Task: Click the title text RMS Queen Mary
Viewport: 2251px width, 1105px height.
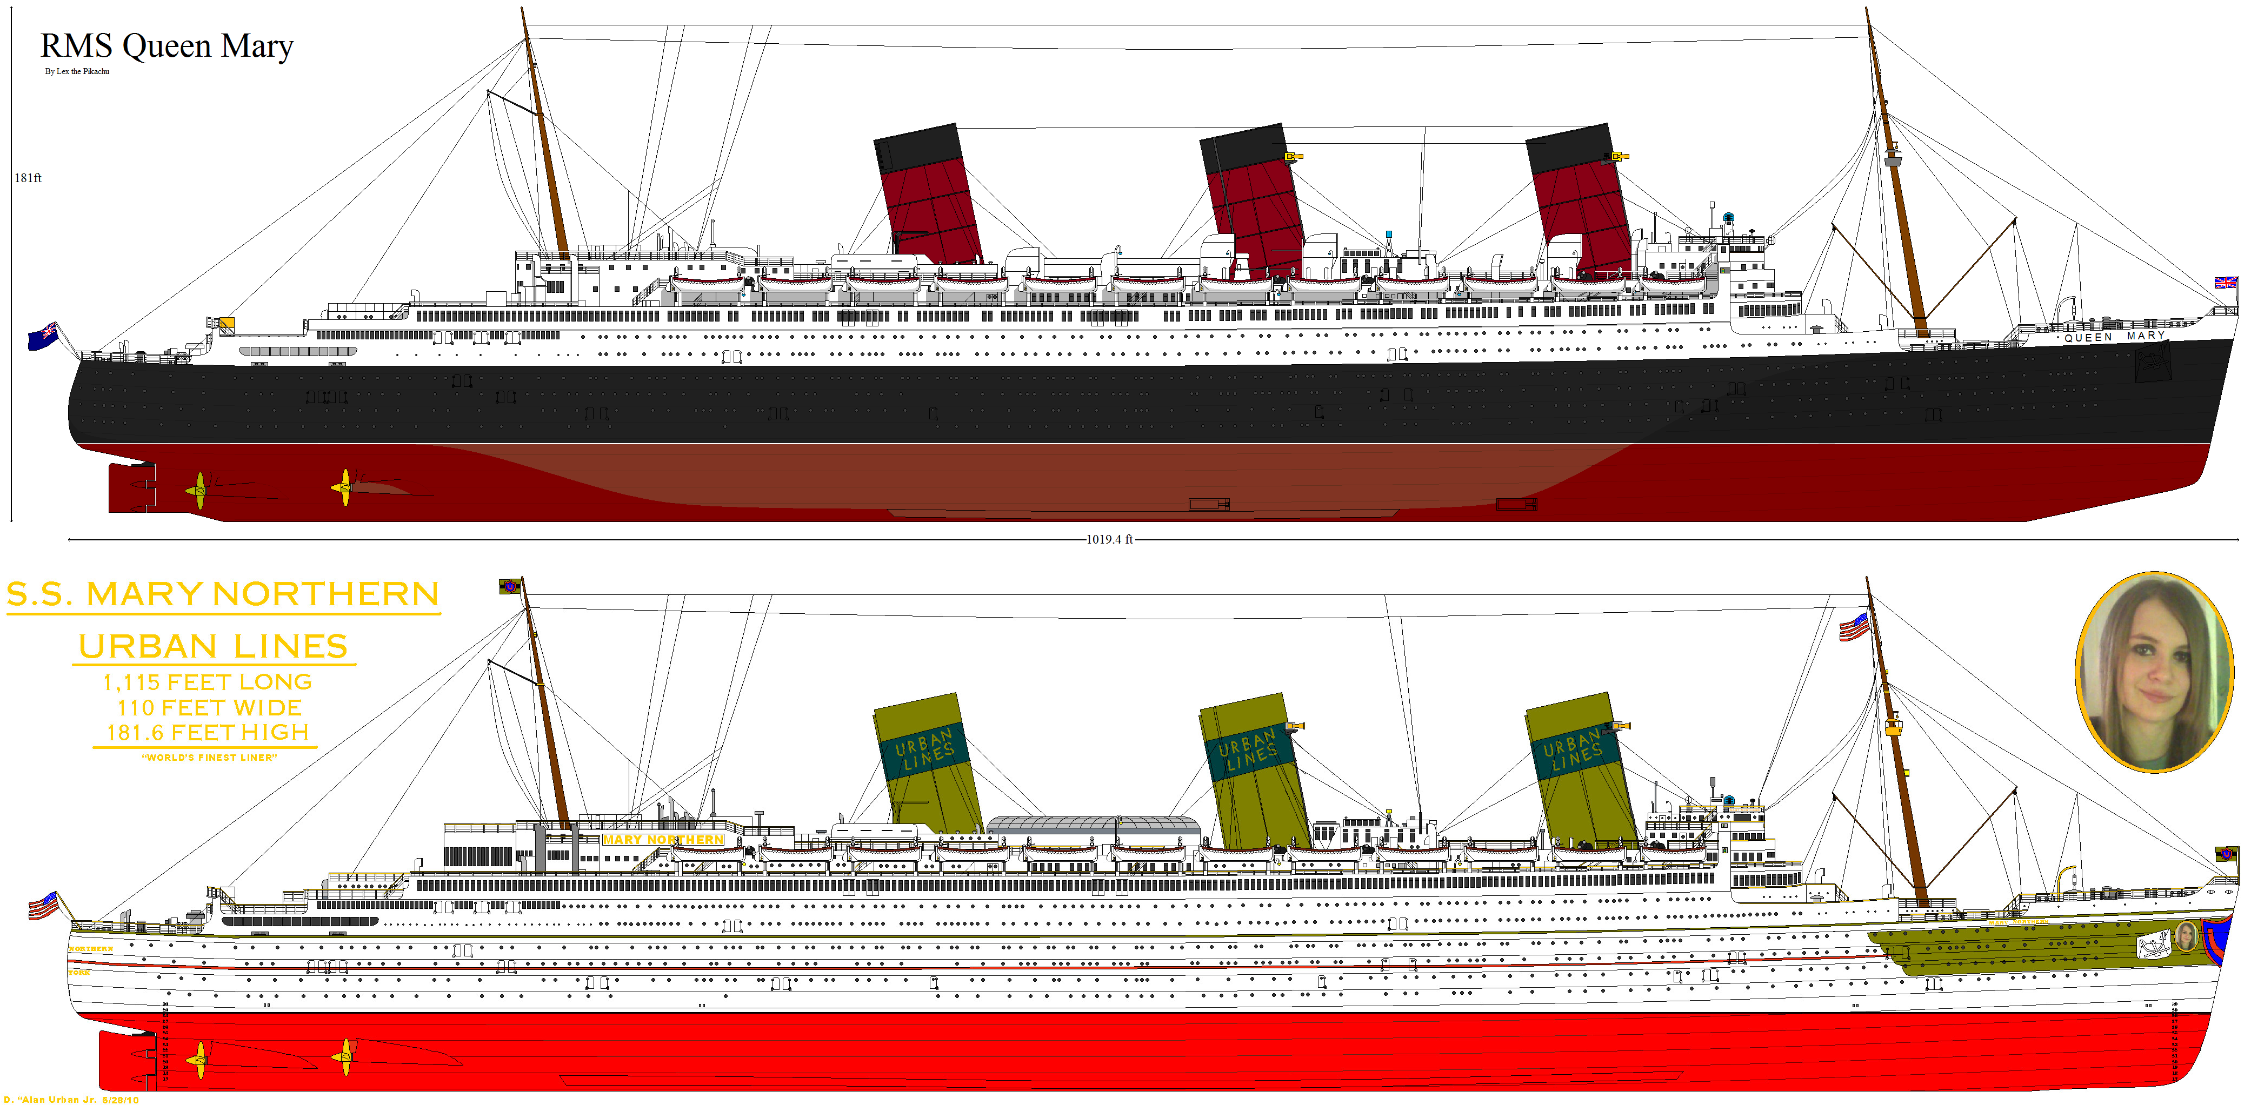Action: click(x=166, y=45)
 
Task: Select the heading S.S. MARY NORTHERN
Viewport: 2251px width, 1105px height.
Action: click(x=223, y=595)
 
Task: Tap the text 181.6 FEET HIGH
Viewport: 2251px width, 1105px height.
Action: click(x=207, y=733)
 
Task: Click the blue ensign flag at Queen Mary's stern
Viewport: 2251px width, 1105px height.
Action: click(x=42, y=336)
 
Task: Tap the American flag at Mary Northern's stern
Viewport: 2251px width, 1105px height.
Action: click(x=42, y=905)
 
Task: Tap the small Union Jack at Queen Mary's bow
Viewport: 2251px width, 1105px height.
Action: click(x=2225, y=282)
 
